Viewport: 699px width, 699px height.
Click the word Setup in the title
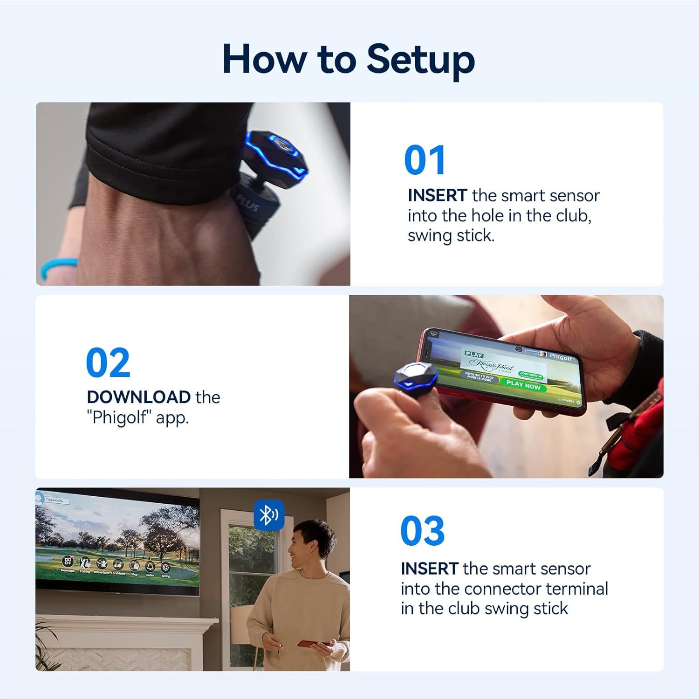tap(420, 60)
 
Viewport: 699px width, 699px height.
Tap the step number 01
tap(425, 160)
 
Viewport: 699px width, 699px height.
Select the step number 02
tap(108, 363)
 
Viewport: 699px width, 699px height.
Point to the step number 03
tap(422, 531)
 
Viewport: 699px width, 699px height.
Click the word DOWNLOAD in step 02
tap(138, 397)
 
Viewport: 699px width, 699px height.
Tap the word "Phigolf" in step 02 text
tap(120, 417)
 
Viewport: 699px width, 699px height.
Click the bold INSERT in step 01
tap(437, 195)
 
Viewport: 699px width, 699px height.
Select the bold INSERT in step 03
tap(430, 569)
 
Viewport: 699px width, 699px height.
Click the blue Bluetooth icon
tap(268, 515)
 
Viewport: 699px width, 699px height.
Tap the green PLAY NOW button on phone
tap(523, 384)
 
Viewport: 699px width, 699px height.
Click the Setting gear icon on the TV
tap(165, 568)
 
